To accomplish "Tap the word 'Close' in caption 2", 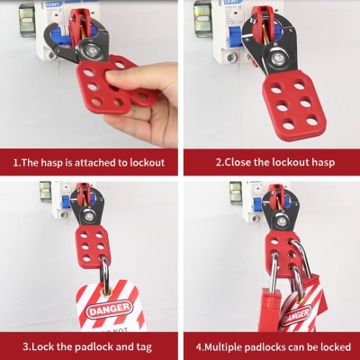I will [235, 164].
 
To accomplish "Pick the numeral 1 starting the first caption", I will [14, 164].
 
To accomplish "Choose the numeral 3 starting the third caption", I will [25, 344].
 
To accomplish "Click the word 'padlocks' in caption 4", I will [270, 345].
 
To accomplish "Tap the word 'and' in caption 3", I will [118, 344].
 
